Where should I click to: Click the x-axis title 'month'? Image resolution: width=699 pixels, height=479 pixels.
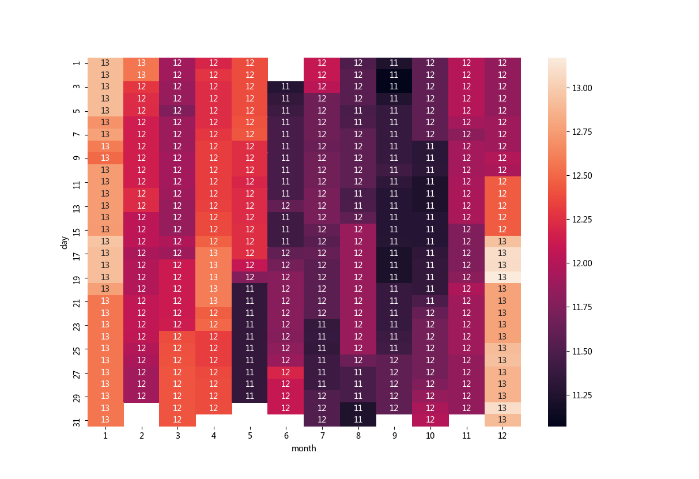pos(304,448)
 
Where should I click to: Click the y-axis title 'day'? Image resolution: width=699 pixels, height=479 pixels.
pos(65,242)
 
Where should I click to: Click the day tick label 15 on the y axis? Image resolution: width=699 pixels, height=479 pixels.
pos(77,230)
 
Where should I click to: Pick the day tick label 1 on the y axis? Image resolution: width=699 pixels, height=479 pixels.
pos(77,63)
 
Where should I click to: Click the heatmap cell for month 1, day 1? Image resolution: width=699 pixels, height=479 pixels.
pos(105,63)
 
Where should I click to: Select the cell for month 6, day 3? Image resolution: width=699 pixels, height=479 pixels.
pos(286,87)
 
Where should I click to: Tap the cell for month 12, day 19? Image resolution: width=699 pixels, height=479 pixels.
pos(502,277)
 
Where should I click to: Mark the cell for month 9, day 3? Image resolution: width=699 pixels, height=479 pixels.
pos(394,87)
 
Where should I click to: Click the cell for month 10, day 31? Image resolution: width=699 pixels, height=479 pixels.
pos(430,420)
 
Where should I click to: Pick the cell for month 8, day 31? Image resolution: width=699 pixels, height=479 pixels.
pos(358,420)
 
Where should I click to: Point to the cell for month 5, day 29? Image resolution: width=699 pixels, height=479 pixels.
pos(250,397)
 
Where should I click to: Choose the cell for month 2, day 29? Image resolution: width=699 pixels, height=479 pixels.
pos(141,397)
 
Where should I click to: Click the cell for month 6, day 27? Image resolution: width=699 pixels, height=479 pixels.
pos(286,372)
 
